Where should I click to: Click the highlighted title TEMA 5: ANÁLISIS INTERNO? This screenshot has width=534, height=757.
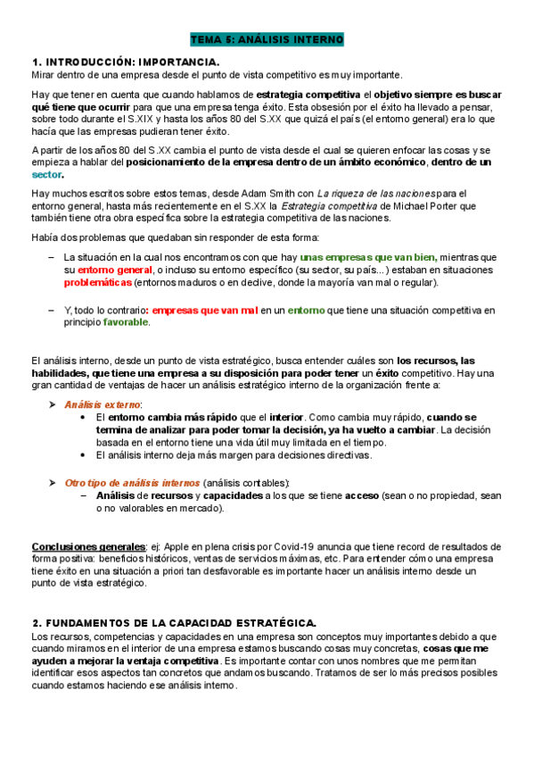(x=267, y=41)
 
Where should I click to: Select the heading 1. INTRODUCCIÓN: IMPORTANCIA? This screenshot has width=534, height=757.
(x=126, y=62)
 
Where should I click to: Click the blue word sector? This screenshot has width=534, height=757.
(x=47, y=174)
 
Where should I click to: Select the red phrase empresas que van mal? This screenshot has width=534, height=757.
(x=205, y=310)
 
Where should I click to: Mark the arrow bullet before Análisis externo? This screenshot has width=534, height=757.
(x=52, y=404)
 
